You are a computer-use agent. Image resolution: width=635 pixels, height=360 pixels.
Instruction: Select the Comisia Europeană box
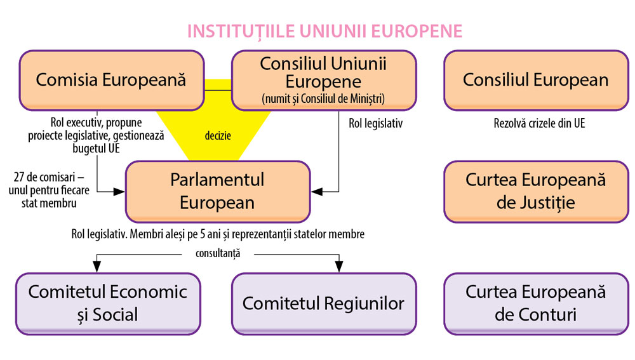pyautogui.click(x=111, y=80)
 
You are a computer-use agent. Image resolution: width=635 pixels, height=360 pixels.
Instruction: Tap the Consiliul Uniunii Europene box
pyautogui.click(x=323, y=80)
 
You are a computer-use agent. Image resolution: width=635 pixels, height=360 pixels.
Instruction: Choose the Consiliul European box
pyautogui.click(x=535, y=80)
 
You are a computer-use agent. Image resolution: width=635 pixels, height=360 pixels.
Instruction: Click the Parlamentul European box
pyautogui.click(x=217, y=191)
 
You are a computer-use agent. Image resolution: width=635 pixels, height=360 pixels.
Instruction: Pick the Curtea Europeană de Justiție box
pyautogui.click(x=535, y=191)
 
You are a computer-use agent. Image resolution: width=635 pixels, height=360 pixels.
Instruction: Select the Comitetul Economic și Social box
pyautogui.click(x=108, y=303)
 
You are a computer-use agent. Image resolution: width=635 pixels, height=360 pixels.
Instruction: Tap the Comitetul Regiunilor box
pyautogui.click(x=323, y=303)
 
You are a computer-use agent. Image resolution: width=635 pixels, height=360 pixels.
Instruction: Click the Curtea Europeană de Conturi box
pyautogui.click(x=535, y=303)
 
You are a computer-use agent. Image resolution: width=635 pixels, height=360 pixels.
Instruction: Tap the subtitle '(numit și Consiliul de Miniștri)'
pyautogui.click(x=323, y=98)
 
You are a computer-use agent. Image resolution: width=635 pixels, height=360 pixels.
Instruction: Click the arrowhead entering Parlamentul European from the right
pyautogui.click(x=316, y=190)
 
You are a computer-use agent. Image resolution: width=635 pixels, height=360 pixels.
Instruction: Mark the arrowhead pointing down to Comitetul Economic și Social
pyautogui.click(x=97, y=264)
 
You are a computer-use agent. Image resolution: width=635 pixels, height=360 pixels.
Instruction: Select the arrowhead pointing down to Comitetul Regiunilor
pyautogui.click(x=339, y=264)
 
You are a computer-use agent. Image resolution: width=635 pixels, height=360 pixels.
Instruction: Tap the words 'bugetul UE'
pyautogui.click(x=96, y=149)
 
